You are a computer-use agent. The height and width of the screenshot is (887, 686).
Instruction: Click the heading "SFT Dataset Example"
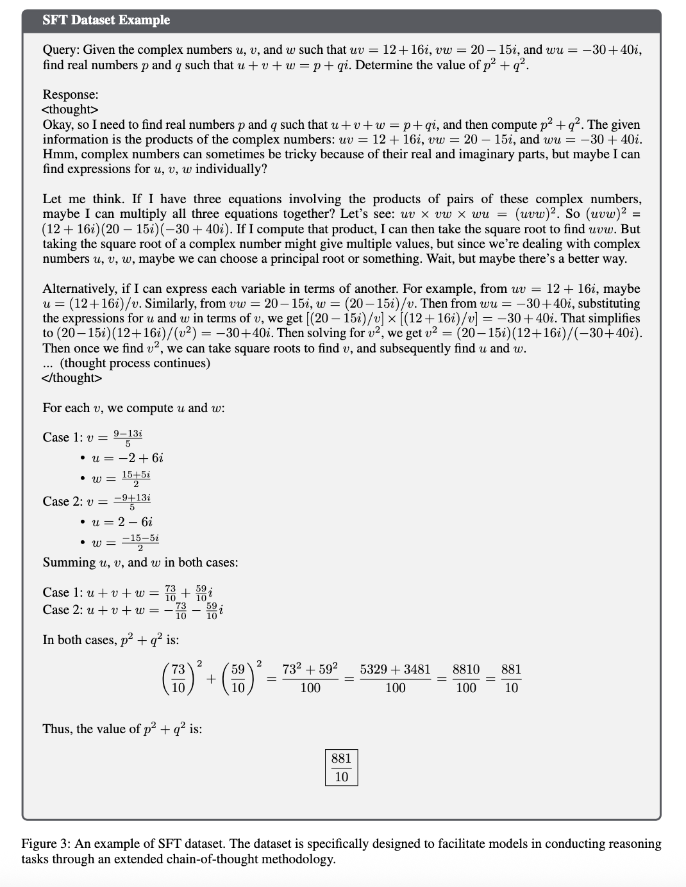tap(106, 21)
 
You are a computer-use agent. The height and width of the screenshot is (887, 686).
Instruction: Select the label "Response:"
tap(71, 95)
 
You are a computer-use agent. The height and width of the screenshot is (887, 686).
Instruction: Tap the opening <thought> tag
tap(70, 110)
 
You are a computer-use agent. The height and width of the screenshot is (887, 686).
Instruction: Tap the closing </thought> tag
tap(71, 378)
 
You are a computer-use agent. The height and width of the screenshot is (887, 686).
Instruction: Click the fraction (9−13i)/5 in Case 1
tap(127, 438)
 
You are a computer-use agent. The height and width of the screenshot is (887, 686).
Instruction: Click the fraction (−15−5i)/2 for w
tap(140, 542)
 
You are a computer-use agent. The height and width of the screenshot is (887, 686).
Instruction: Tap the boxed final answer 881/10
tap(341, 767)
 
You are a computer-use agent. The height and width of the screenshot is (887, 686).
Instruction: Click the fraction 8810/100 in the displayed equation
tap(466, 678)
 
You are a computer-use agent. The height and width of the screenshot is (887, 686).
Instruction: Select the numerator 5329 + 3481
tap(395, 670)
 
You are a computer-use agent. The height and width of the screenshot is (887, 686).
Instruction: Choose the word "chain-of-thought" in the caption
tap(213, 859)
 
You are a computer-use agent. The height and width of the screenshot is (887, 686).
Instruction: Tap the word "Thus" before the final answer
tap(56, 729)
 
